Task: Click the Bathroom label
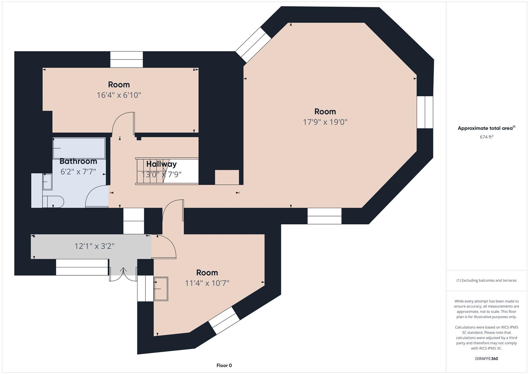(78, 161)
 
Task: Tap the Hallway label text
(161, 164)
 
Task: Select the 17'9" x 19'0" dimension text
(325, 122)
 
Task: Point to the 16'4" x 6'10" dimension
(119, 95)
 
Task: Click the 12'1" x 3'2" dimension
(94, 246)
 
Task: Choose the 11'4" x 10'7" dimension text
(207, 283)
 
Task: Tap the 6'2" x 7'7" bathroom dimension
(78, 172)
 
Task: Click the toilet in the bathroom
(53, 202)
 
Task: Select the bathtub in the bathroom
(79, 148)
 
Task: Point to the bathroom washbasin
(47, 182)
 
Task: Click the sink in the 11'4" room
(161, 289)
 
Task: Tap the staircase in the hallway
(167, 171)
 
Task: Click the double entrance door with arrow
(123, 274)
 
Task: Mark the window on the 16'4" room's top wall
(126, 60)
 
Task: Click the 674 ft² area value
(486, 137)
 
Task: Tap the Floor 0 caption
(224, 365)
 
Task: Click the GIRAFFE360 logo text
(486, 359)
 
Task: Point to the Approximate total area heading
(486, 128)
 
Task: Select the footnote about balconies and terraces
(486, 280)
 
